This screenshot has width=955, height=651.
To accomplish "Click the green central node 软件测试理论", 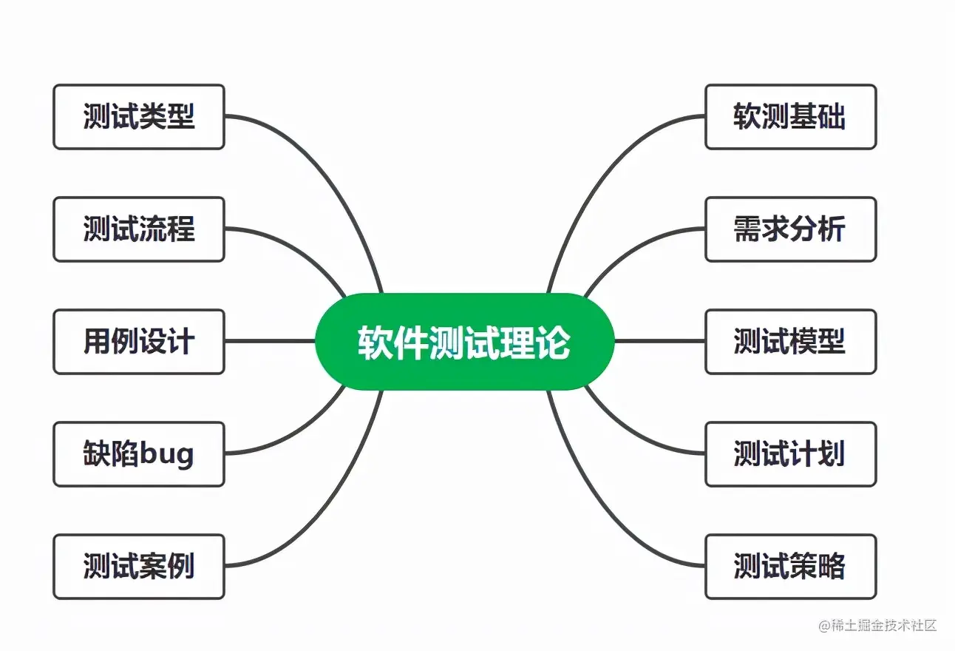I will (x=464, y=342).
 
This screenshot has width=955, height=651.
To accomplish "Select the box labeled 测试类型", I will (x=138, y=117).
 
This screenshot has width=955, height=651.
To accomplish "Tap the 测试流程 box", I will (x=138, y=229).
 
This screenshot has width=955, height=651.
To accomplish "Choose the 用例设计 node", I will (x=138, y=342).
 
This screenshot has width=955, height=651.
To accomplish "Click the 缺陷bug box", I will (x=138, y=454).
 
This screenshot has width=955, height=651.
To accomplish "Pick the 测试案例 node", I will (x=138, y=567).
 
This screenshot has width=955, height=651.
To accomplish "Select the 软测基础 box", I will (x=790, y=117).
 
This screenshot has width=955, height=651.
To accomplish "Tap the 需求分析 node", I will (x=790, y=229).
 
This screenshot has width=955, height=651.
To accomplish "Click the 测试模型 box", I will (x=790, y=342).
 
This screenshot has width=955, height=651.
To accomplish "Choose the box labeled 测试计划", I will (x=790, y=454).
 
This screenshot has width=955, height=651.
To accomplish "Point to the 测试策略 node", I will (x=790, y=567).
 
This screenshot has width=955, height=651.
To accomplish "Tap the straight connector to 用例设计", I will (x=270, y=342).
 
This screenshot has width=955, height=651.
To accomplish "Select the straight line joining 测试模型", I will (x=659, y=342).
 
